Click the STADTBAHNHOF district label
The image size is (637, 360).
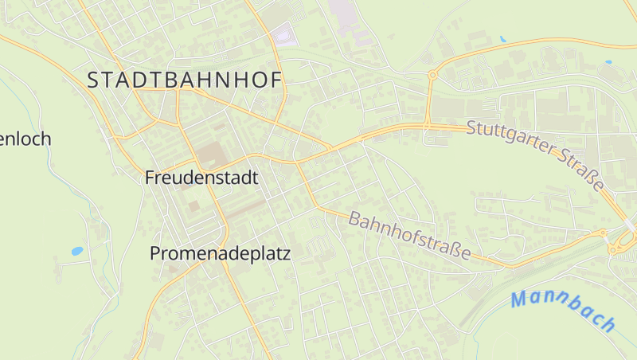pyautogui.click(x=185, y=80)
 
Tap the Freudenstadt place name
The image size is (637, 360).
pyautogui.click(x=201, y=178)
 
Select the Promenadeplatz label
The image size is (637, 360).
pyautogui.click(x=221, y=254)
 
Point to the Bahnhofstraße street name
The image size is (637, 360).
pyautogui.click(x=409, y=234)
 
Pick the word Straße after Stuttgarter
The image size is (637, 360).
pyautogui.click(x=584, y=170)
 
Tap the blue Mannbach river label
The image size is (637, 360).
pyautogui.click(x=564, y=311)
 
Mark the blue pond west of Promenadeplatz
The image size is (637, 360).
pyautogui.click(x=77, y=251)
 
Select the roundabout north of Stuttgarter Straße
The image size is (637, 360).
pyautogui.click(x=432, y=75)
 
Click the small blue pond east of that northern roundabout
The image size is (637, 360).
pyautogui.click(x=502, y=38)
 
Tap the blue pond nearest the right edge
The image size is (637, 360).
pyautogui.click(x=608, y=62)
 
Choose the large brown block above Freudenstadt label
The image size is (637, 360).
pyautogui.click(x=211, y=153)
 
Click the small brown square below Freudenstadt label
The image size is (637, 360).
pyautogui.click(x=194, y=206)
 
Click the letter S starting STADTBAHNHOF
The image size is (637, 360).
pyautogui.click(x=92, y=80)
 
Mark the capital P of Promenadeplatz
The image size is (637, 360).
pyautogui.click(x=156, y=254)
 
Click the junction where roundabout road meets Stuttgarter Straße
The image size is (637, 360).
pyautogui.click(x=428, y=125)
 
